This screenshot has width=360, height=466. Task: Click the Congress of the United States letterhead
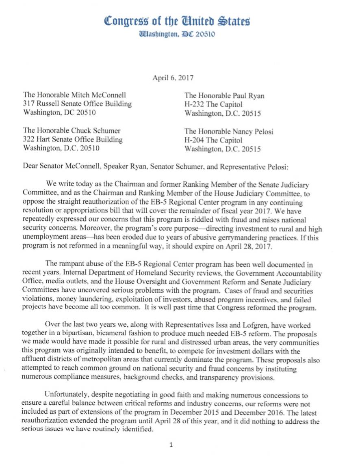[178, 20]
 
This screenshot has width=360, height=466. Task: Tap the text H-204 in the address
[193, 140]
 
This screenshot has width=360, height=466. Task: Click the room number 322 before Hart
[29, 140]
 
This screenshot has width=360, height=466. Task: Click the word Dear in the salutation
[31, 166]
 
